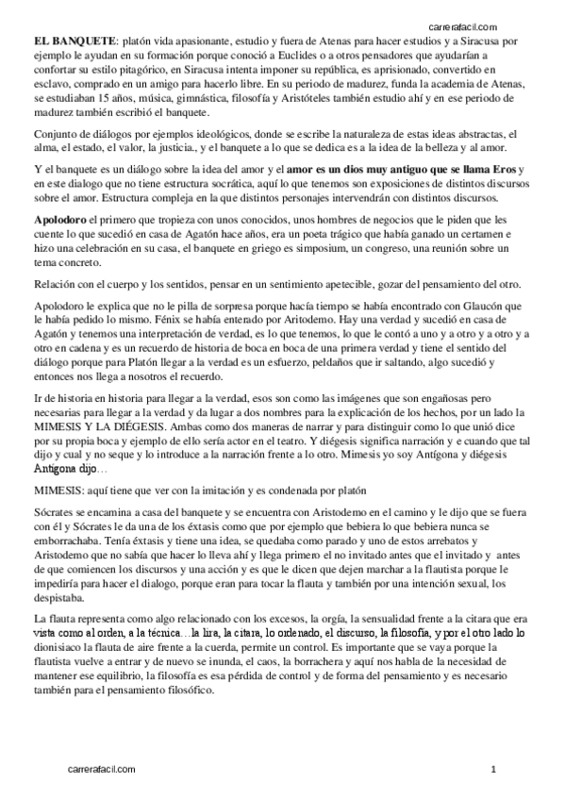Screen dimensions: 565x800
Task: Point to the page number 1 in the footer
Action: [x=493, y=770]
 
